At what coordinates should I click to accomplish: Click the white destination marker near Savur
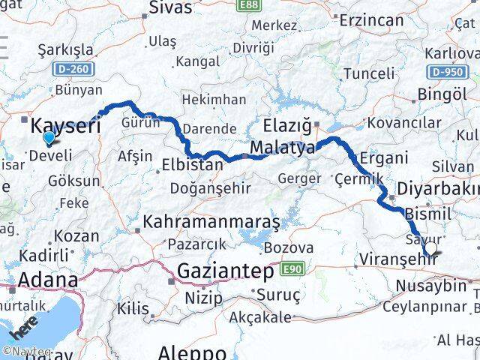tap(431, 250)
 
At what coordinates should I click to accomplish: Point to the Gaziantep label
tap(226, 271)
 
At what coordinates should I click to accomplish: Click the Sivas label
tap(170, 8)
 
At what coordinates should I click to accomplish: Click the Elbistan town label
tap(193, 164)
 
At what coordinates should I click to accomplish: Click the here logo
tap(23, 331)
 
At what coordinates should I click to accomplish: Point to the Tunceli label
tap(367, 73)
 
